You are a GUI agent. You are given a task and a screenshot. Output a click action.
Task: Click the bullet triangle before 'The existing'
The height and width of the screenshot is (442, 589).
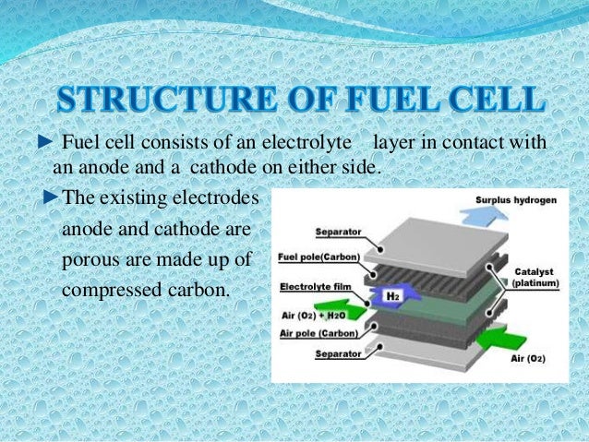click(x=51, y=197)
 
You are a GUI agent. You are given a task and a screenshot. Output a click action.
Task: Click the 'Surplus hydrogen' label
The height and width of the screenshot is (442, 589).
click(x=516, y=200)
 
